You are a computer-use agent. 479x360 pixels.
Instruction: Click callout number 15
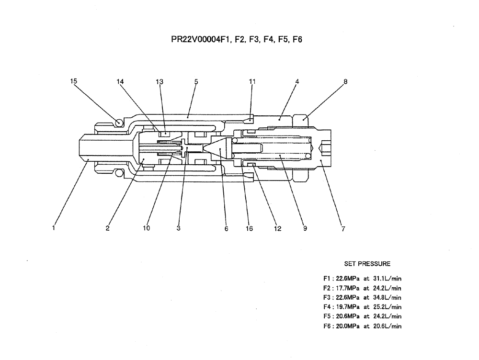tap(74, 81)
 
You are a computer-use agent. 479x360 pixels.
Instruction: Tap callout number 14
tap(120, 81)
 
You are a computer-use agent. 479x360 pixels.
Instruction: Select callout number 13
tap(160, 81)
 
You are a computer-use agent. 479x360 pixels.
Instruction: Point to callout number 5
tap(196, 81)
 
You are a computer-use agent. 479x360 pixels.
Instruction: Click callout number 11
tap(252, 81)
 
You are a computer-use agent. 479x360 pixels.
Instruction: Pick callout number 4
tap(297, 81)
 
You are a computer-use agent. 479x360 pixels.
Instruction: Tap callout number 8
tap(345, 81)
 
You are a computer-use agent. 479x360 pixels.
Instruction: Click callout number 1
tap(54, 228)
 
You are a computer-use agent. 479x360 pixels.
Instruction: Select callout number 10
tap(147, 228)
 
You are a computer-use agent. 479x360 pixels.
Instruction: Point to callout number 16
tap(249, 229)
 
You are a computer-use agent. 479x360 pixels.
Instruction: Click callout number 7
tap(343, 229)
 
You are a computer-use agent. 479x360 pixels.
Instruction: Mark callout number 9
tap(305, 229)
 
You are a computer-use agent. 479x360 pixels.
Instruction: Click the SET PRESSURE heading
tap(367, 263)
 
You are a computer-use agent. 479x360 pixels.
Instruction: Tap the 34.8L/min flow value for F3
tap(387, 297)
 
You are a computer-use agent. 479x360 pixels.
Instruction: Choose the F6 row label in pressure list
tap(327, 326)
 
